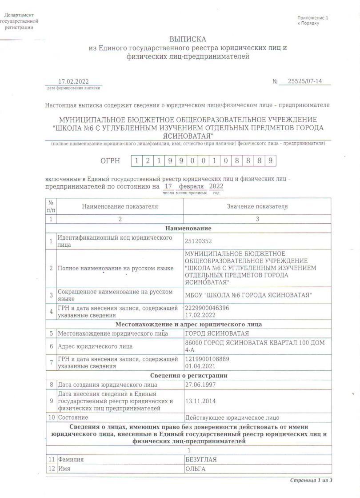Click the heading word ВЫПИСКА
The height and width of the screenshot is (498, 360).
188,39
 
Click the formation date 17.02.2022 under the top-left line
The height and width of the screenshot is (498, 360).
74,81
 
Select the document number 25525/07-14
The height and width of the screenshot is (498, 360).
305,81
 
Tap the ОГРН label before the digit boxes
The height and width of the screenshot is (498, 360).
111,161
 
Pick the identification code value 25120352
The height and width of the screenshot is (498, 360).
198,241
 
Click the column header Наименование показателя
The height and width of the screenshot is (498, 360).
120,207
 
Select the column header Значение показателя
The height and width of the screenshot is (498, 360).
258,207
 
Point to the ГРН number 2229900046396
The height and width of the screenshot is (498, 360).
207,308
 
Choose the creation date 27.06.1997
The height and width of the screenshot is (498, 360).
200,385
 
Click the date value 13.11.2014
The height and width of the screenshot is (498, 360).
200,401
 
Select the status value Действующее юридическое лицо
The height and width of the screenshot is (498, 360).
232,418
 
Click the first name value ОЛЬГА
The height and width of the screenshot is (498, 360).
196,469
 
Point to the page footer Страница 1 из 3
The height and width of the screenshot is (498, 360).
311,480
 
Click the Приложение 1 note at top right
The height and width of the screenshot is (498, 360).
313,18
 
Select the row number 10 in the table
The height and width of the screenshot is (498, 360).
51,418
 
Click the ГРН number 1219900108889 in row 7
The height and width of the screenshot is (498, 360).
207,358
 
